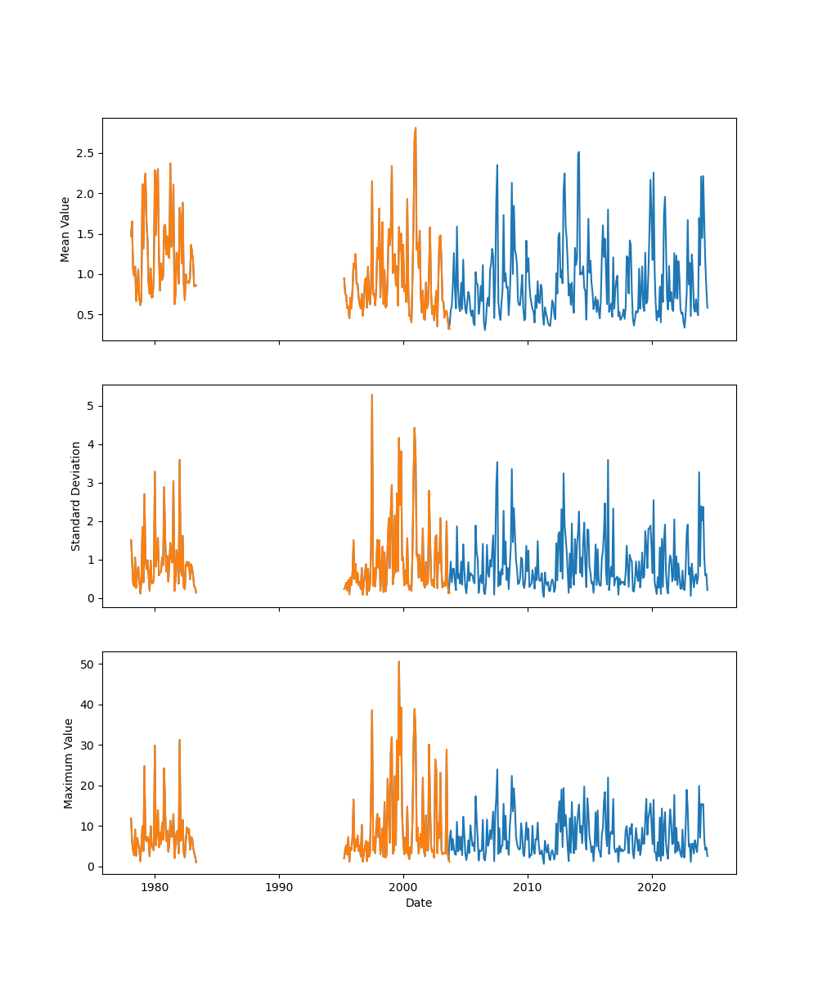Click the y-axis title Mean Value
click(65, 229)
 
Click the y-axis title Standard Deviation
click(75, 496)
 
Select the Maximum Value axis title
click(69, 764)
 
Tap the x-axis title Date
click(419, 903)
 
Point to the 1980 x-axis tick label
click(155, 887)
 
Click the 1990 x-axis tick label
click(279, 887)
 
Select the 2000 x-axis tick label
click(403, 887)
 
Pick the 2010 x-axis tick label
click(528, 887)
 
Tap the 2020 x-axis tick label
click(652, 887)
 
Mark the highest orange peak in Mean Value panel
click(416, 128)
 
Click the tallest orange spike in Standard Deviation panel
click(372, 394)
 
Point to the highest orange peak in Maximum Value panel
click(398, 661)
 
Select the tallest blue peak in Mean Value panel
click(578, 151)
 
